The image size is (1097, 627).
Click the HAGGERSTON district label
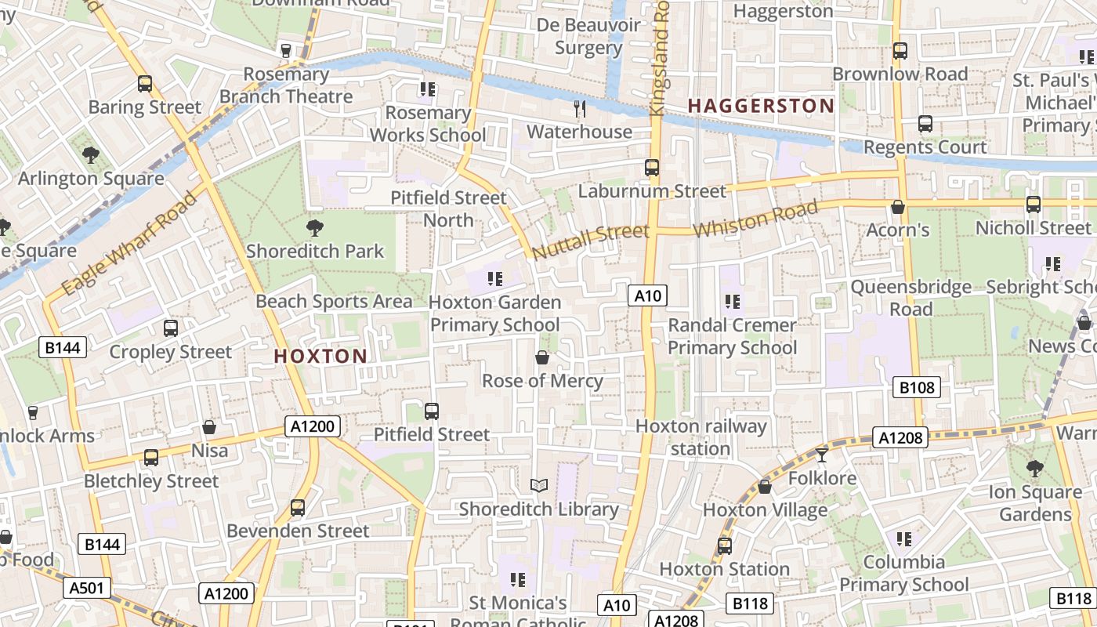click(x=761, y=106)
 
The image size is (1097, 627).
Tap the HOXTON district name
click(x=320, y=356)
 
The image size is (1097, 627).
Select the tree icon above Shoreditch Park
click(x=315, y=228)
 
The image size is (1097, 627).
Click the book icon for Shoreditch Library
click(x=538, y=486)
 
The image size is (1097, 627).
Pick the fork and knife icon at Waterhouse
click(x=580, y=109)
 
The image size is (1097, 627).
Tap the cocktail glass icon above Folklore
click(x=821, y=455)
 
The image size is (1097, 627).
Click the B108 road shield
click(x=916, y=387)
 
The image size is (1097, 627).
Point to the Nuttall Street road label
click(x=591, y=241)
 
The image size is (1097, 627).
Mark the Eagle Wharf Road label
click(x=129, y=244)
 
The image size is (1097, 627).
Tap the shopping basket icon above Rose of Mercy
click(x=541, y=358)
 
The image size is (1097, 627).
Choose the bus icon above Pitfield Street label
click(x=431, y=411)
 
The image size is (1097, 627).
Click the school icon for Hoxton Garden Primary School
click(x=494, y=278)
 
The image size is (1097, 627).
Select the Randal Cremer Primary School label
click(x=732, y=336)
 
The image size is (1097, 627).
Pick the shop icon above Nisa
click(x=209, y=427)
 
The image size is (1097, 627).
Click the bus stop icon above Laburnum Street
click(x=651, y=167)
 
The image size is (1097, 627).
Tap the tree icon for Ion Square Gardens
click(x=1034, y=469)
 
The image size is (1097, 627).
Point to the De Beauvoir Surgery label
click(x=588, y=36)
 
